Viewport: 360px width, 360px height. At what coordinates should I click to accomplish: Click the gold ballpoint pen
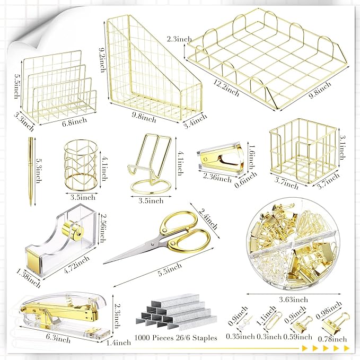point(31,171)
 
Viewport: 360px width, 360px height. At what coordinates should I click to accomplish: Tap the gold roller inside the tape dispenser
point(73,231)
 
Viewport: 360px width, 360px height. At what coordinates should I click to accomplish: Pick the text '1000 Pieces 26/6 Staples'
point(175,338)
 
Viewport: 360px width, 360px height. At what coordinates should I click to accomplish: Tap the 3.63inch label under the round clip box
point(293,300)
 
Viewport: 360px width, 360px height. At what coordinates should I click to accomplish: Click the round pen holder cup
point(82,165)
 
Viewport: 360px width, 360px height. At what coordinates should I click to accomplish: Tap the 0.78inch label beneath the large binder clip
point(332,339)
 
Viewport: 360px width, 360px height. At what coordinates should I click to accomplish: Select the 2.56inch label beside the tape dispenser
point(102,228)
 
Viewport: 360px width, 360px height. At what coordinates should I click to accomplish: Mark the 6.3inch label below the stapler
point(58,338)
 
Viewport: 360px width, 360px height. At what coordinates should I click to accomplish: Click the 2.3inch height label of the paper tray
point(179,39)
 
